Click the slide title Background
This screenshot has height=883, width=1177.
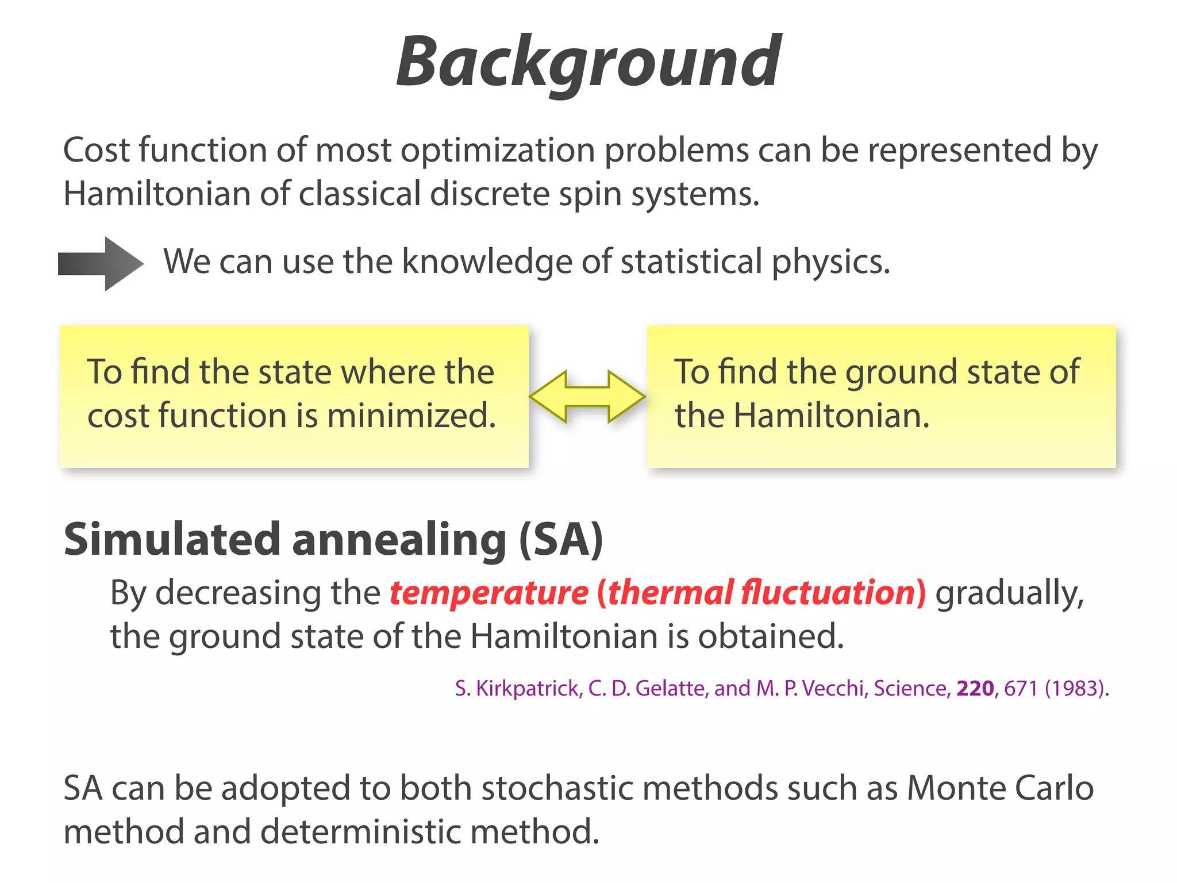pyautogui.click(x=588, y=62)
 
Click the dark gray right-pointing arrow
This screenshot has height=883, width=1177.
pyautogui.click(x=101, y=264)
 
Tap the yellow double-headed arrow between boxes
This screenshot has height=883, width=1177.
pyautogui.click(x=587, y=397)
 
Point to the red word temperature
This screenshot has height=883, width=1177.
pyautogui.click(x=489, y=593)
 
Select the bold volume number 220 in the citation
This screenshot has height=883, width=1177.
pyautogui.click(x=975, y=688)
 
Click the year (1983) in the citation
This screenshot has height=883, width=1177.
pyautogui.click(x=1076, y=688)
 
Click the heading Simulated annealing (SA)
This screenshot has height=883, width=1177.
pyautogui.click(x=333, y=539)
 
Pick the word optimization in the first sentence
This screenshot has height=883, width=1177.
pyautogui.click(x=498, y=151)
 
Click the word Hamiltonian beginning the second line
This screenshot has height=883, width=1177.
pyautogui.click(x=156, y=194)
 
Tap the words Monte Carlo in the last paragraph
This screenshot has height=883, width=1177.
pyautogui.click(x=1000, y=788)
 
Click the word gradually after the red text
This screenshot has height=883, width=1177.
pyautogui.click(x=1010, y=593)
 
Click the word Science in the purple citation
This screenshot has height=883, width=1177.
pyautogui.click(x=911, y=688)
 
